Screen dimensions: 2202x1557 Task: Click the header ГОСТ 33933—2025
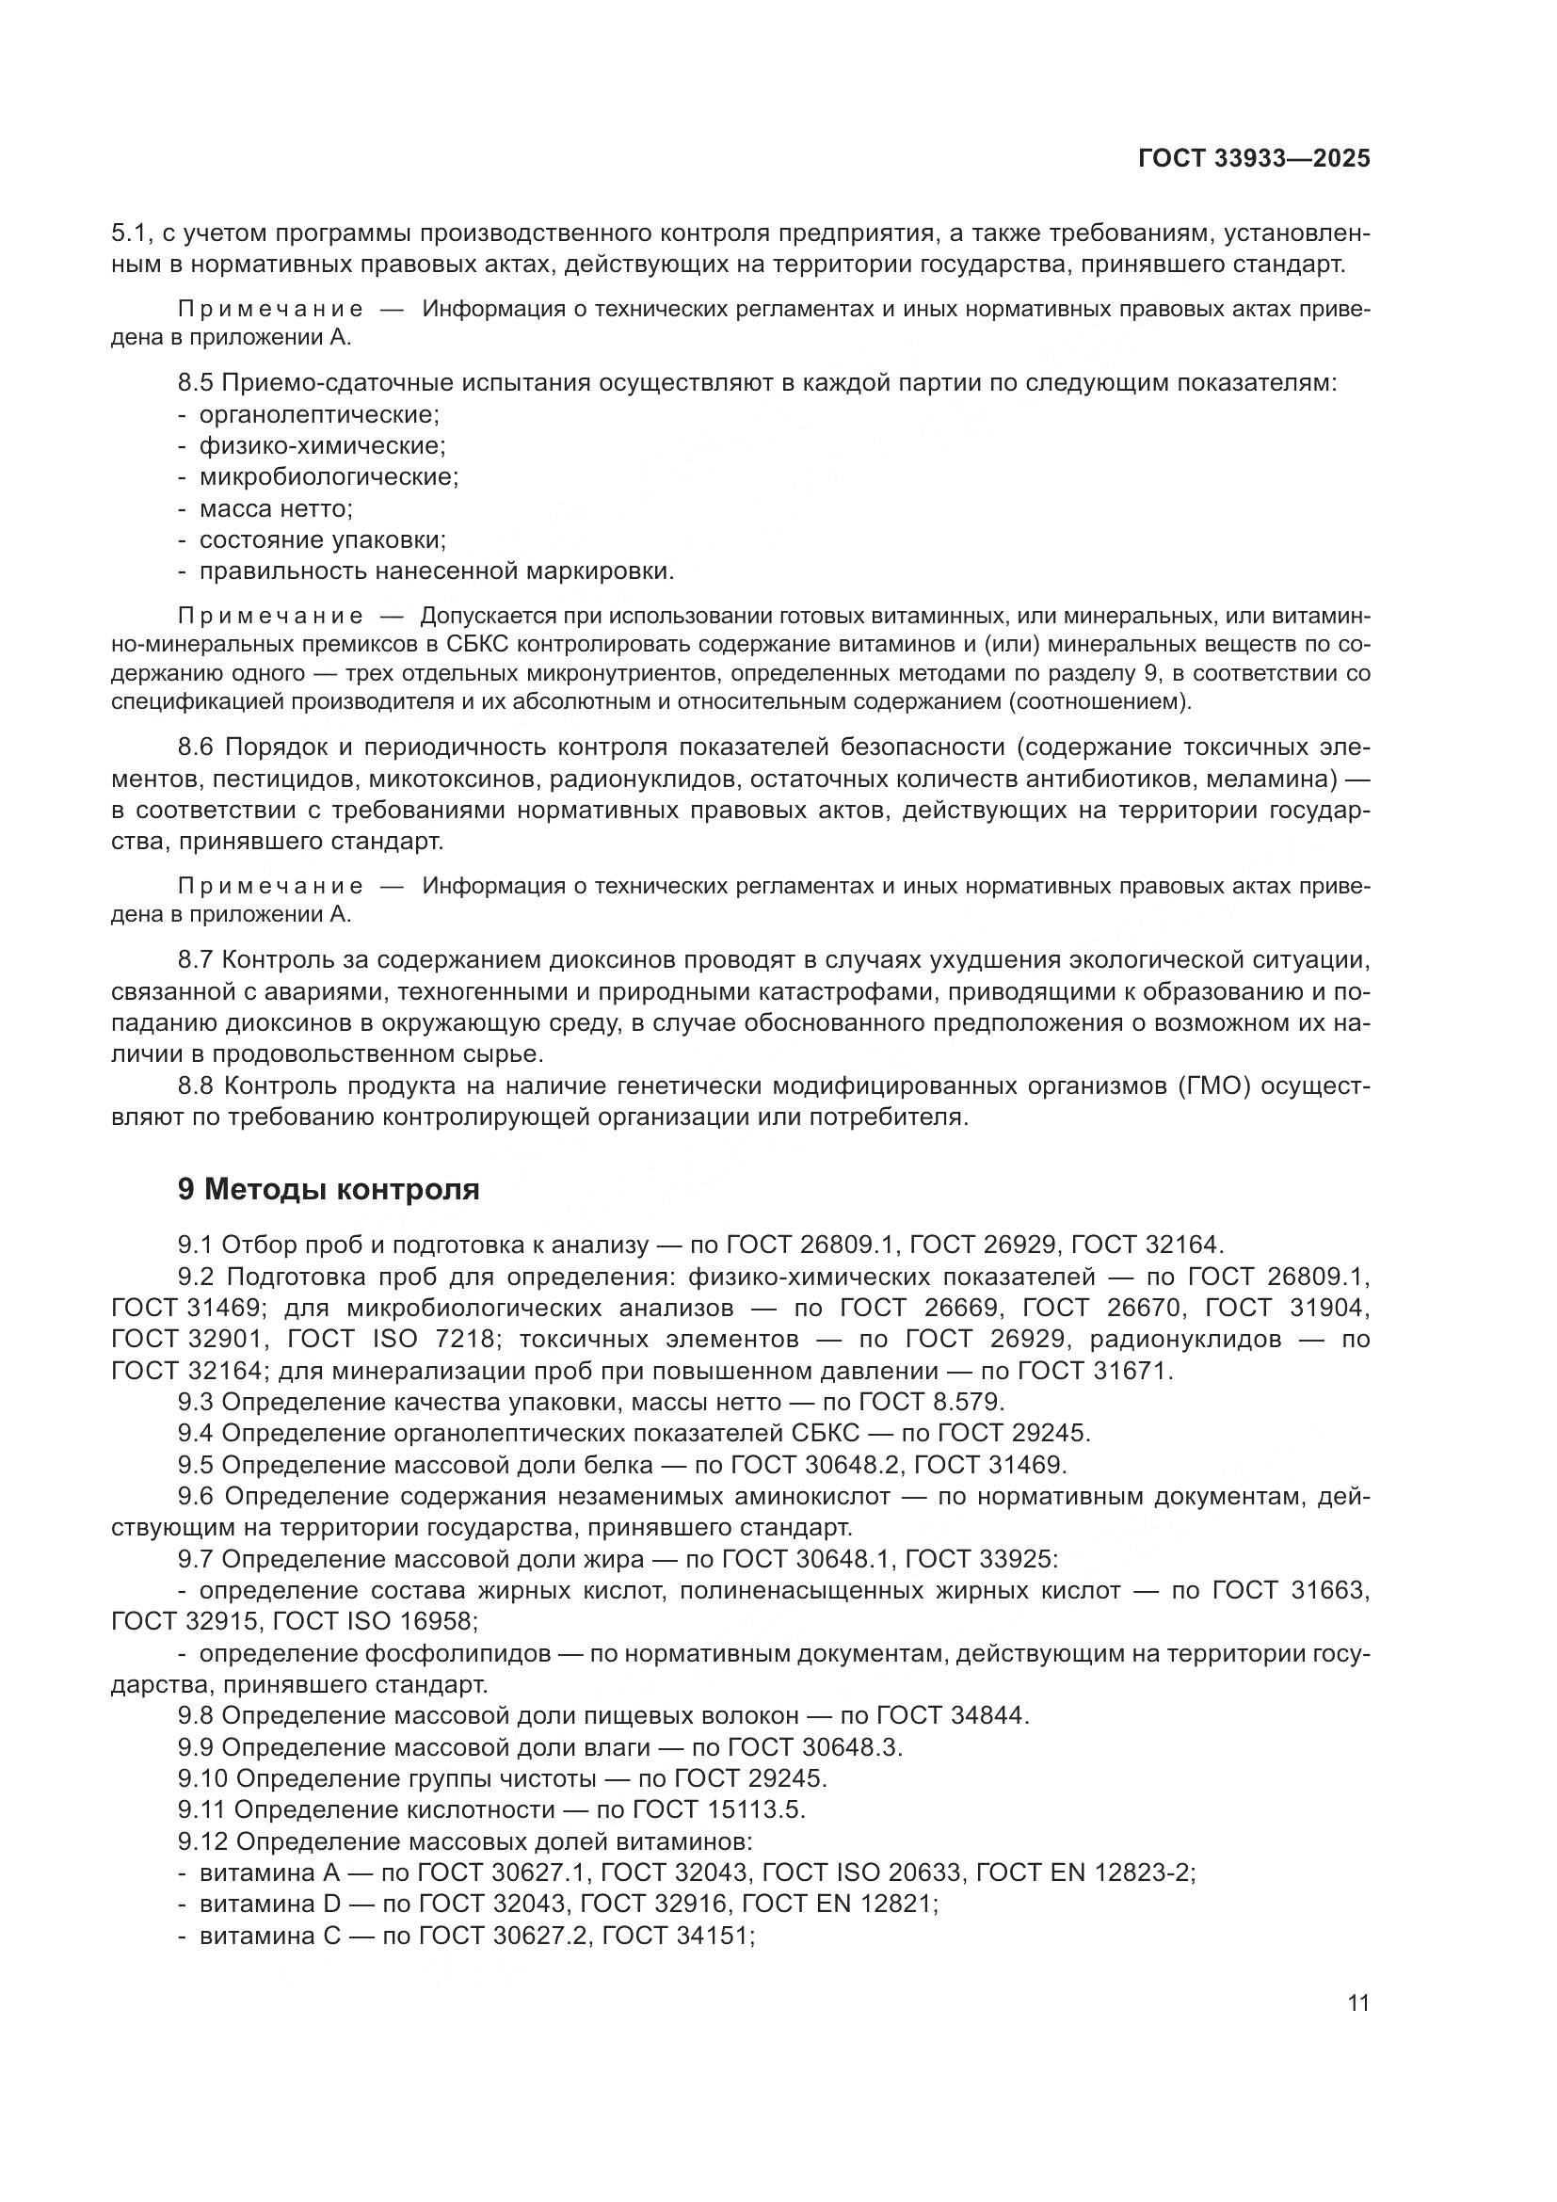pos(1254,159)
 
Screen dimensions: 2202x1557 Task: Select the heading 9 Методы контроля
pos(329,1189)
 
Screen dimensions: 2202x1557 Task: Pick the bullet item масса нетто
pos(276,508)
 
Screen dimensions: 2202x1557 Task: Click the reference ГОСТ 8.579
pos(930,1402)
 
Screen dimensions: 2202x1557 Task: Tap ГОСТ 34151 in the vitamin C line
pos(678,1936)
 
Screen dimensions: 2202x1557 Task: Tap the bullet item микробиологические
pos(328,477)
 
